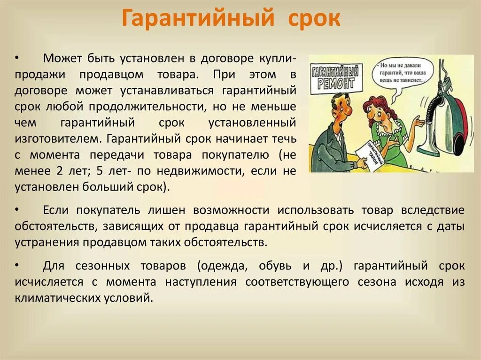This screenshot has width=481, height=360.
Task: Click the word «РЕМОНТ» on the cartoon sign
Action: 336,83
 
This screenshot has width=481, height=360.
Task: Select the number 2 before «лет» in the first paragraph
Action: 59,171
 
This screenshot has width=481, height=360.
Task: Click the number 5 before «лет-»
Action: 100,171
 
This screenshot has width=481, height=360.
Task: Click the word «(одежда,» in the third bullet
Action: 222,266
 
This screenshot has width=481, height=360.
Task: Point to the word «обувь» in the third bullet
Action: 275,266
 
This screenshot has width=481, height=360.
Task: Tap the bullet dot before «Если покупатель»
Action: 17,210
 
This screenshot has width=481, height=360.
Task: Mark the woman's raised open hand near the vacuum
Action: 418,123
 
